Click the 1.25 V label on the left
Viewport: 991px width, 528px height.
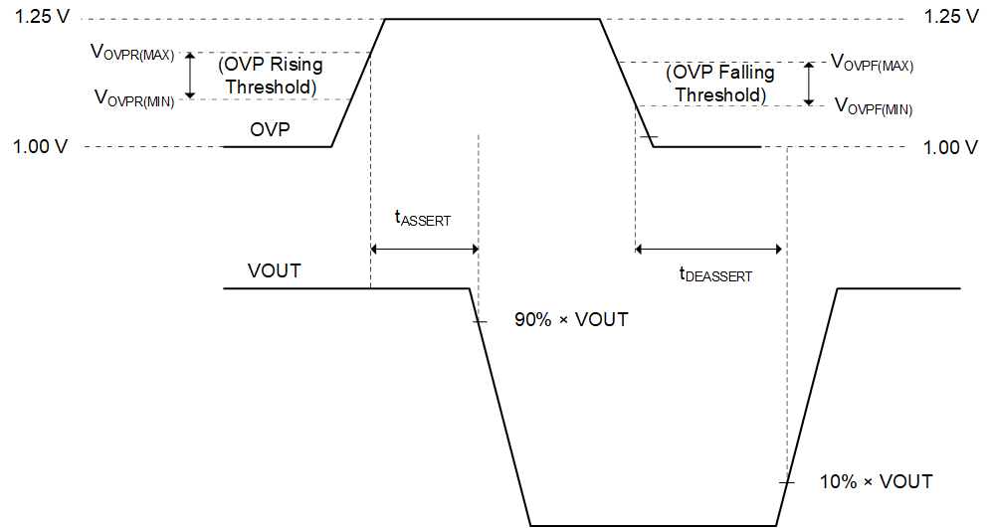coord(41,18)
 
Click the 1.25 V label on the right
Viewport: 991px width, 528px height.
coord(950,18)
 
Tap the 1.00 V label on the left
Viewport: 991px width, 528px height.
coord(41,147)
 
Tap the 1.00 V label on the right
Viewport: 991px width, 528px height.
coord(950,147)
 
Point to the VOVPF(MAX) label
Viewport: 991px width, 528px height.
coord(872,63)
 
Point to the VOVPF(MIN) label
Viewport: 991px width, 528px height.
coord(872,105)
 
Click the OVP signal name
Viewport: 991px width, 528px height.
coord(270,128)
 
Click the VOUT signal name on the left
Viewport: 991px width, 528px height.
coord(275,270)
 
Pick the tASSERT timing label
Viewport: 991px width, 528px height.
coord(423,219)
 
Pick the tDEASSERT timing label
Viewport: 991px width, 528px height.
coord(715,275)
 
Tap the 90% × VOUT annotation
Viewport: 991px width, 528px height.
coord(571,320)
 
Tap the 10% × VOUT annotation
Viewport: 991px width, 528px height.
coord(876,481)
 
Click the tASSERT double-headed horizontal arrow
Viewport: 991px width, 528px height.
coord(424,249)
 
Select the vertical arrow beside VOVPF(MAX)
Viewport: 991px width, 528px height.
coord(809,84)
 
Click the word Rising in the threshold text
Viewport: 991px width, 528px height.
coord(297,66)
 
